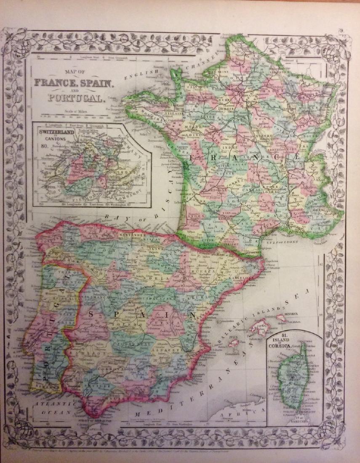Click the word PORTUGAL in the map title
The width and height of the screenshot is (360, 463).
click(x=76, y=99)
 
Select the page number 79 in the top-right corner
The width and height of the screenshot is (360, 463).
click(x=341, y=30)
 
